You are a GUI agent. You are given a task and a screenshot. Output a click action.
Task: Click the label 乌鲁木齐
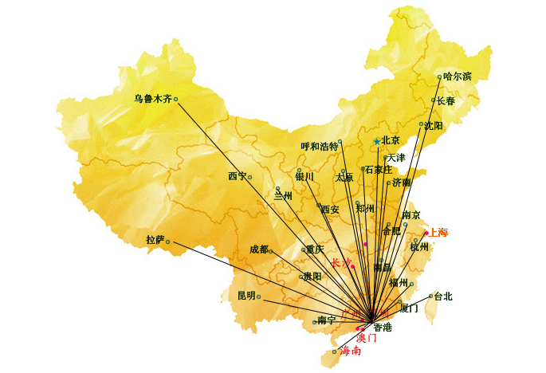(x=152, y=100)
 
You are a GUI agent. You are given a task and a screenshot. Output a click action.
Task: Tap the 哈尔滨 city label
(x=458, y=77)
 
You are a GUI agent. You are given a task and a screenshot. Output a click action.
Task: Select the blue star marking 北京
(x=377, y=142)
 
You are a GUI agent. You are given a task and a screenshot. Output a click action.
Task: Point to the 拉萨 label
(x=155, y=240)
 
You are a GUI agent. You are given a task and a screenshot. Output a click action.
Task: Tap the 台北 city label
(x=442, y=296)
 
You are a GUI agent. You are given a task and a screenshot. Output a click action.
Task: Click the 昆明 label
(x=246, y=296)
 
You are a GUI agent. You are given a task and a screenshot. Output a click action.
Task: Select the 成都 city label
(x=259, y=249)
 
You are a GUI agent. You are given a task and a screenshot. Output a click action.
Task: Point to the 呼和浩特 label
(x=319, y=147)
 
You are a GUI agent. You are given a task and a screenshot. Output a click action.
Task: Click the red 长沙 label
(x=340, y=262)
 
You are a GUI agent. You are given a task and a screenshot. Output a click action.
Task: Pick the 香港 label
(x=383, y=327)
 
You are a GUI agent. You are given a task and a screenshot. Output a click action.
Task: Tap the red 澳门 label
(x=366, y=337)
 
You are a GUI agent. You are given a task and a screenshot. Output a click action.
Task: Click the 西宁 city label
(x=238, y=176)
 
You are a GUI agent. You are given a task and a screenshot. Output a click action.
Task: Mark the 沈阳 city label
(x=434, y=126)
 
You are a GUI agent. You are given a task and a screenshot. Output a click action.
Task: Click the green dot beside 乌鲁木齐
(x=175, y=100)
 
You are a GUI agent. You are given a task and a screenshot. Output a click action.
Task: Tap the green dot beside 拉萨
(x=167, y=241)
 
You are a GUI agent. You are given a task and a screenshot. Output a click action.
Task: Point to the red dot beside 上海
(x=426, y=233)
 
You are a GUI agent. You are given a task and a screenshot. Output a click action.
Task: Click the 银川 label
(x=304, y=177)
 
